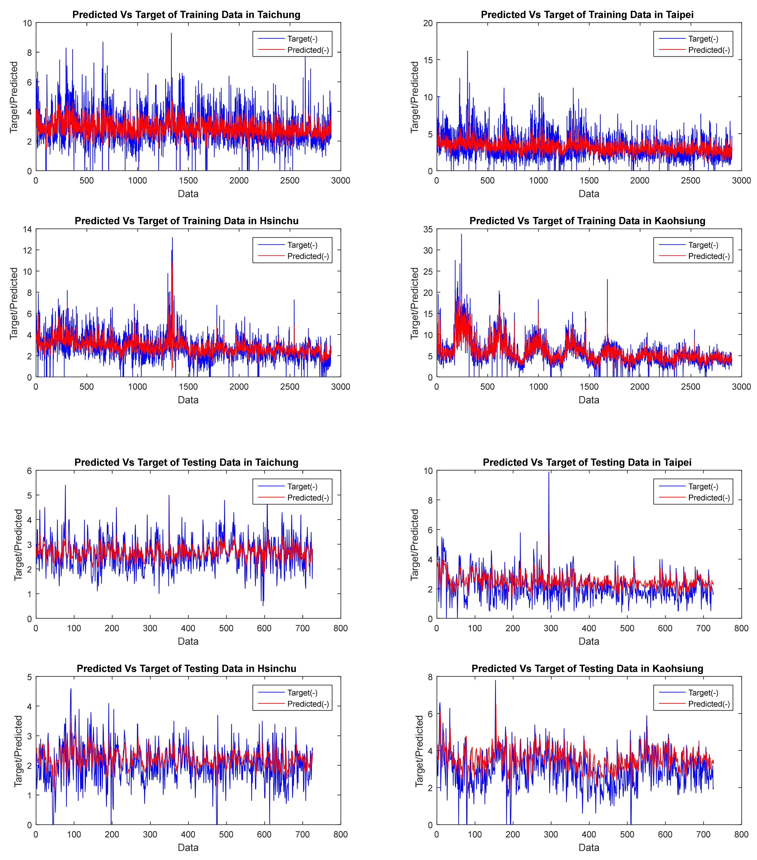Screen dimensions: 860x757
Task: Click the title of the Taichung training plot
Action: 186,15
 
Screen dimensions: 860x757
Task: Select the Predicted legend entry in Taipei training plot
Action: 709,50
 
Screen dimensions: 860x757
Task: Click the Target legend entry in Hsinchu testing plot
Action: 302,693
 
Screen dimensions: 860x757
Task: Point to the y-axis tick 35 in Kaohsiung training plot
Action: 428,229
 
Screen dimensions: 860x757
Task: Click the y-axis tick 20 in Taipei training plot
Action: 428,23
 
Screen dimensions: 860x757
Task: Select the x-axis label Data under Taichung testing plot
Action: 188,641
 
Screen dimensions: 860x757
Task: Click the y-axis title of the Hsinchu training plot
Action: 14,303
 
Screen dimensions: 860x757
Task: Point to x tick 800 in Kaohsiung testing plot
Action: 741,834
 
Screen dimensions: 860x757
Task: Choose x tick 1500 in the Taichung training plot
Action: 188,181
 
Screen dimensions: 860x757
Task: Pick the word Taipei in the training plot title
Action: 680,15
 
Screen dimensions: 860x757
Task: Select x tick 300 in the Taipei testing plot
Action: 551,628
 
